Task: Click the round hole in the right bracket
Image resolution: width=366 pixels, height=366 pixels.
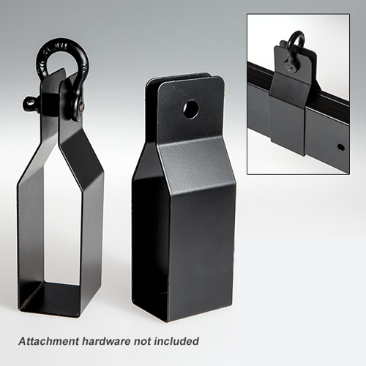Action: pos(191,110)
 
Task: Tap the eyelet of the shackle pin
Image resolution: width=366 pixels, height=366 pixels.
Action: pos(30,104)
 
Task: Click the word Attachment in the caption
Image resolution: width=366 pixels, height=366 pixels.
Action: pos(48,341)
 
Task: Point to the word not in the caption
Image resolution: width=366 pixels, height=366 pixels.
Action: pos(142,341)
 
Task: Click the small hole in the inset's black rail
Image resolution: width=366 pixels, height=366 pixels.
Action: pos(341,147)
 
